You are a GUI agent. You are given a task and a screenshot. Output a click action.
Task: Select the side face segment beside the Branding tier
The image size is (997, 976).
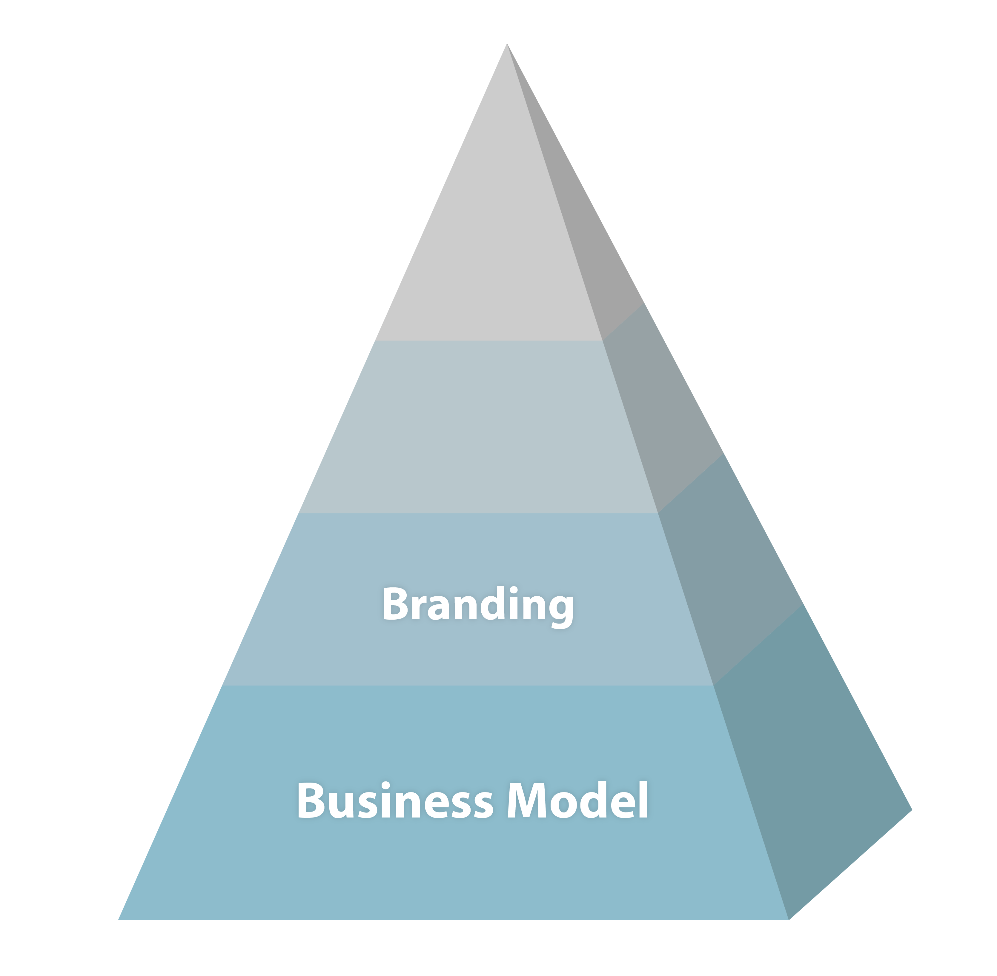tap(728, 574)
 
